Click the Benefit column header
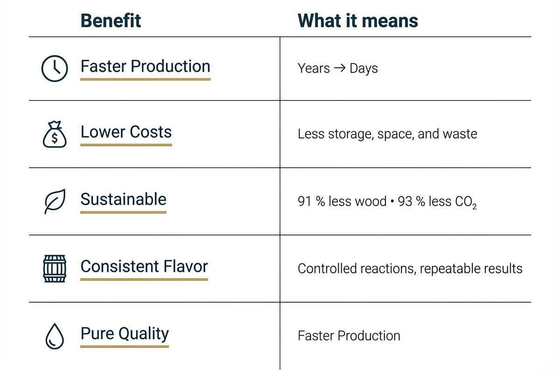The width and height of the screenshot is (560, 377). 111,21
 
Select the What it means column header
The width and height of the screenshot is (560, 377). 358,21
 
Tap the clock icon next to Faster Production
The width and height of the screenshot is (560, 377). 55,68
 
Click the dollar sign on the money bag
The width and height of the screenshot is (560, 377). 55,138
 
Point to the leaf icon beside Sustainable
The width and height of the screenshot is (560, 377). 55,201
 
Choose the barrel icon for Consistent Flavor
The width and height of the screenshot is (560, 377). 55,269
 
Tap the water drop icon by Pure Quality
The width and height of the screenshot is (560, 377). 55,336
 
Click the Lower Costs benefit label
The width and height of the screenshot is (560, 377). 126,132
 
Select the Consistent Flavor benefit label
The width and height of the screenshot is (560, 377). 144,266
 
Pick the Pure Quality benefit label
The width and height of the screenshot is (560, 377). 125,334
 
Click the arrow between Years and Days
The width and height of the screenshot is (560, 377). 340,68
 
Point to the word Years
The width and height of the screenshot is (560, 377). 314,68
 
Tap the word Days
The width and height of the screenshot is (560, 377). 364,68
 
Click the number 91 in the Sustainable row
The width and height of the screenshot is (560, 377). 304,201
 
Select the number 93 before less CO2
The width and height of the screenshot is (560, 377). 405,201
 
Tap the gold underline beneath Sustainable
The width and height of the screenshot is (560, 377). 123,213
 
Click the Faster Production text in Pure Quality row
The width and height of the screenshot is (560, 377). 349,336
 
